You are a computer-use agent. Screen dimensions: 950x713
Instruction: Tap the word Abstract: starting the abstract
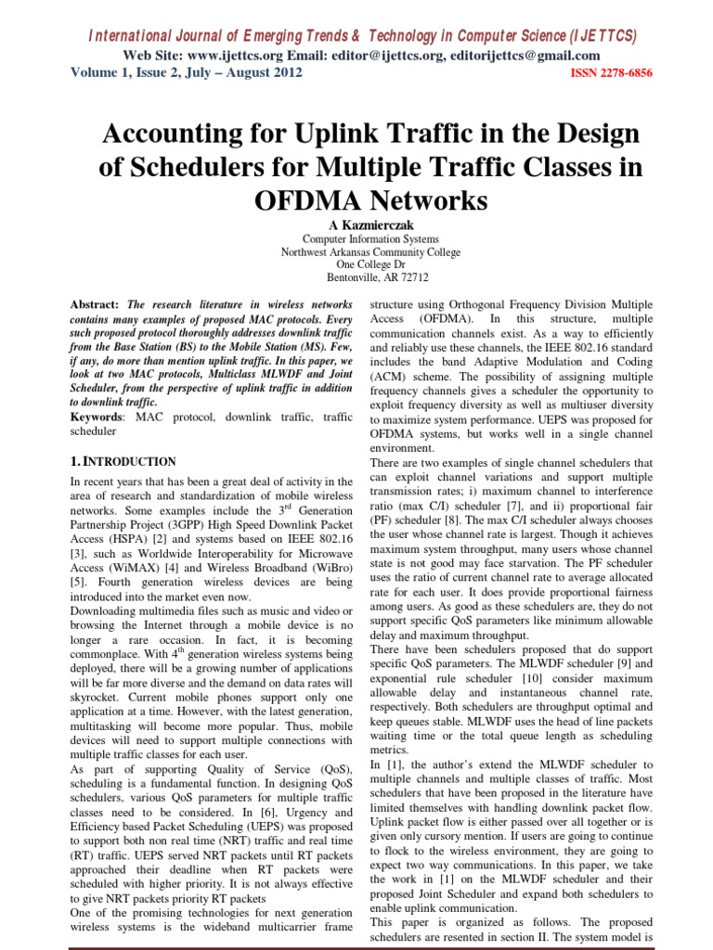(x=96, y=304)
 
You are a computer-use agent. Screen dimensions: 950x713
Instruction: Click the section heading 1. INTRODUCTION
(x=123, y=461)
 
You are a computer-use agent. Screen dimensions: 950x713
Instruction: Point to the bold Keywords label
(x=97, y=416)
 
